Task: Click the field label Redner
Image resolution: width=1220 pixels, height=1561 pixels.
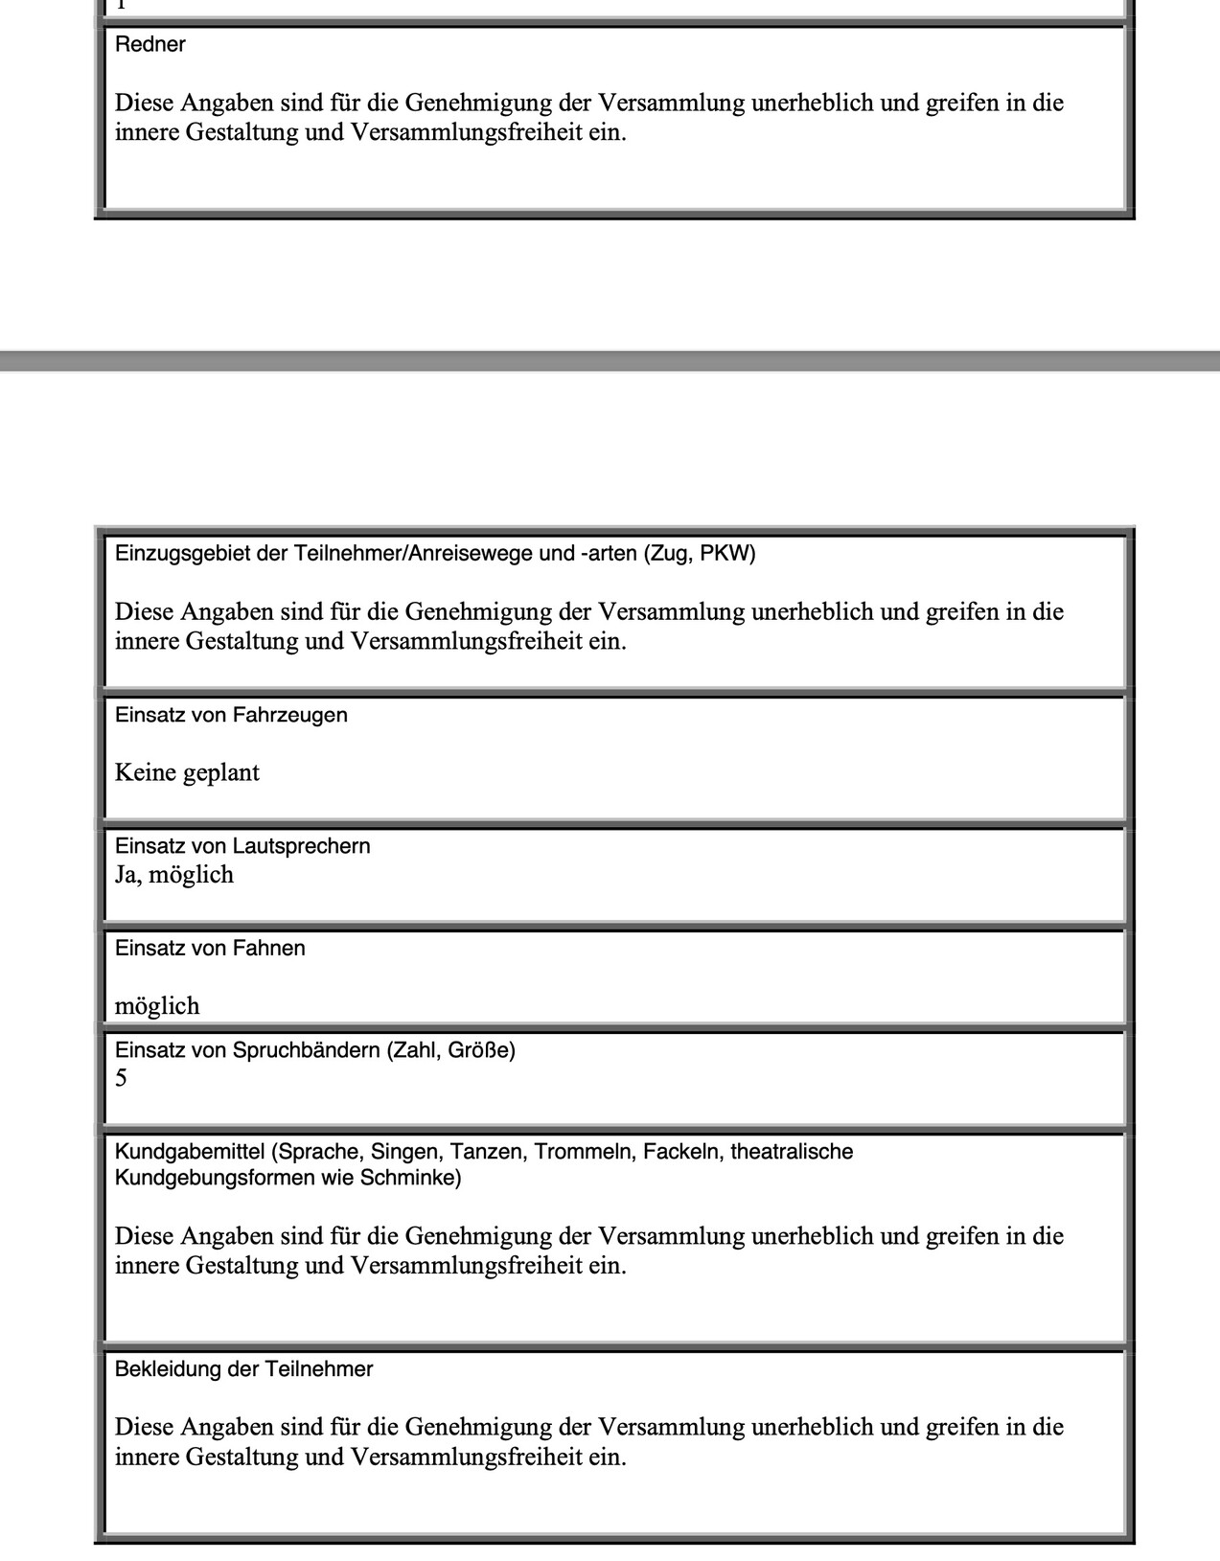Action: [150, 45]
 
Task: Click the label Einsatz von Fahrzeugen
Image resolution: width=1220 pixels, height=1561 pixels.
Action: [231, 715]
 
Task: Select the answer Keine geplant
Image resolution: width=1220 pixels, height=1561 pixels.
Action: [187, 772]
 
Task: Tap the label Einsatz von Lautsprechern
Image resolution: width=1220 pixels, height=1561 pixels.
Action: [242, 846]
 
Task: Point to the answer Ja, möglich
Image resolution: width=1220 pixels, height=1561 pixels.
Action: [174, 875]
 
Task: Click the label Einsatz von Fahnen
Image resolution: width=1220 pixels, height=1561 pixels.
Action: [210, 948]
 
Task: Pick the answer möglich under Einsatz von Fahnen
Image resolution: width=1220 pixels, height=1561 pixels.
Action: [157, 1006]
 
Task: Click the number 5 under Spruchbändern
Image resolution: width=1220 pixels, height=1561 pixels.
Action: [121, 1079]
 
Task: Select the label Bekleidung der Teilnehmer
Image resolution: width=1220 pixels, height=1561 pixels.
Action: [243, 1369]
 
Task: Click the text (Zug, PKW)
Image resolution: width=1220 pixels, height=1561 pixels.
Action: [701, 554]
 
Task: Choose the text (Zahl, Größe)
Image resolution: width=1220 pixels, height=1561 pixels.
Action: [450, 1050]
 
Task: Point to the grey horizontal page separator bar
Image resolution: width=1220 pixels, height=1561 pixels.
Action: [610, 361]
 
